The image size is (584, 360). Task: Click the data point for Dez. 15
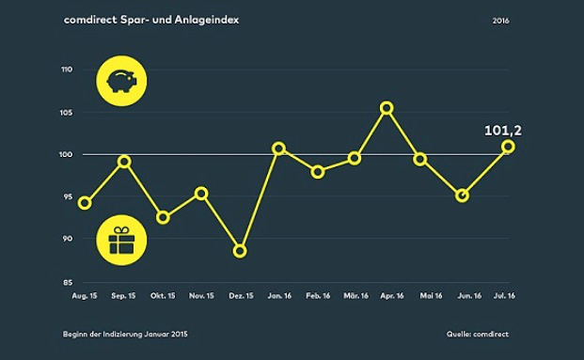[240, 251]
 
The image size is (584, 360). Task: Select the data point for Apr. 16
[386, 108]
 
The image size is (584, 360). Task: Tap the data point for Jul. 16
[508, 147]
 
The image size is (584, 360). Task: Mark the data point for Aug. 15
[85, 203]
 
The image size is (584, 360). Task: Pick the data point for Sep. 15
[124, 162]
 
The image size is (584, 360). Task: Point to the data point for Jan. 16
[278, 149]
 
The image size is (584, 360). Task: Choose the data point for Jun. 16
[462, 196]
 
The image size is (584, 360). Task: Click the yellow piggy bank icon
[119, 81]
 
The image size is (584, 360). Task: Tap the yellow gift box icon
[120, 243]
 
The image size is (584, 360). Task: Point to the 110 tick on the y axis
[67, 70]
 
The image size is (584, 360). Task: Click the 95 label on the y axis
[69, 196]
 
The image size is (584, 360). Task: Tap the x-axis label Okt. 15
[163, 296]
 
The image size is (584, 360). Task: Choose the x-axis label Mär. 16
[355, 296]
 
